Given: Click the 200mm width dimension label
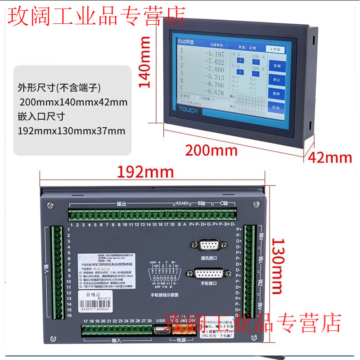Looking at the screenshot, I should pos(211,150).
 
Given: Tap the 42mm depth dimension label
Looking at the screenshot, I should pos(330,157).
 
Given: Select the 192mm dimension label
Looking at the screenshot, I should pos(145,171).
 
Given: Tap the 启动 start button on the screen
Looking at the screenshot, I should pos(276,108).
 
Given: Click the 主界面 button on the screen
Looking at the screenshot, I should pos(275,49).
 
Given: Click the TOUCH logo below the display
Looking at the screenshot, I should pos(188,110).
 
